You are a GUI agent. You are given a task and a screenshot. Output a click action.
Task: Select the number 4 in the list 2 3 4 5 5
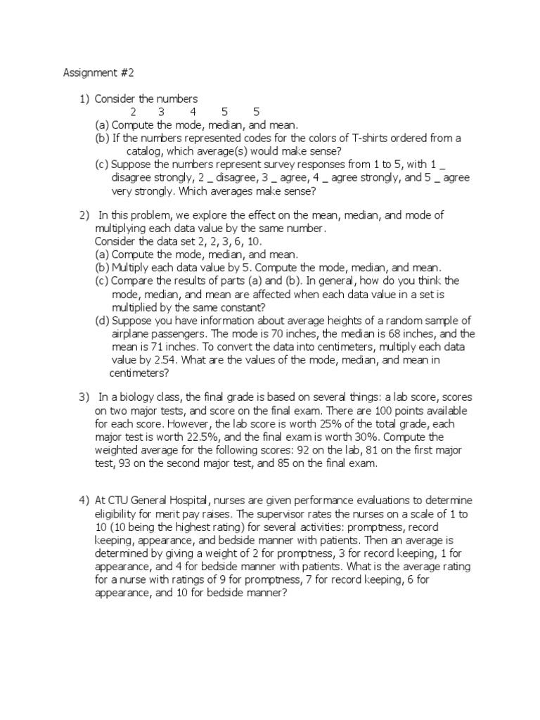pos(193,112)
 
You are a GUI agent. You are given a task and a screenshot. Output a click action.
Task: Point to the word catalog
pos(147,151)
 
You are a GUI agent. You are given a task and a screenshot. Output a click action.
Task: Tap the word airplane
pos(132,334)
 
